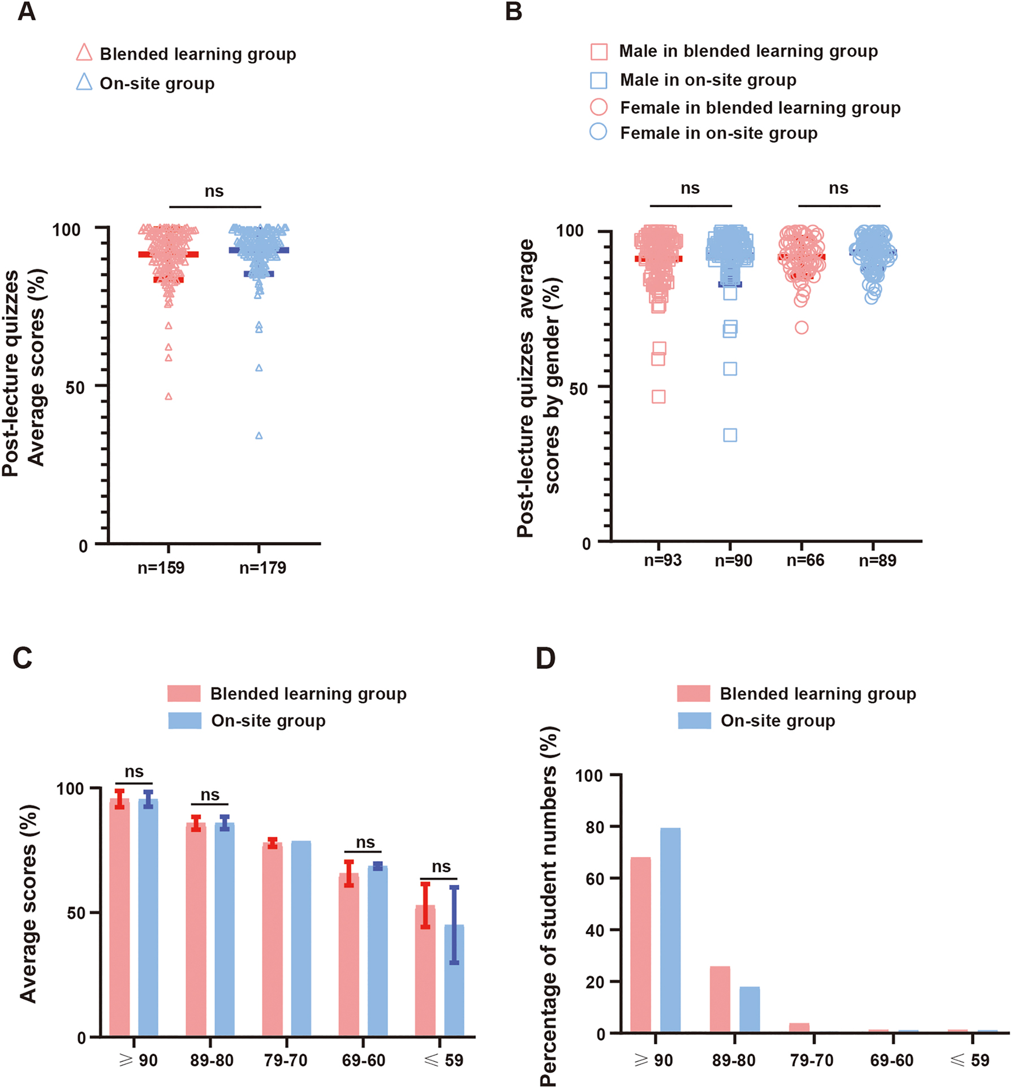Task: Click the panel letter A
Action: click(x=26, y=11)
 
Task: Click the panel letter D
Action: click(x=546, y=658)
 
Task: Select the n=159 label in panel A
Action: click(x=161, y=567)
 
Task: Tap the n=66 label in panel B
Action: click(x=805, y=560)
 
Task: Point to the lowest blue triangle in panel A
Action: click(x=259, y=436)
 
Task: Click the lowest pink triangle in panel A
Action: click(x=169, y=397)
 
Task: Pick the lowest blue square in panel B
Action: click(x=730, y=435)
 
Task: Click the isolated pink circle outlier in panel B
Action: click(x=802, y=328)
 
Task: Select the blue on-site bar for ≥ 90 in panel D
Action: click(x=670, y=930)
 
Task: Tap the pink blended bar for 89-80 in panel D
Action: click(x=720, y=999)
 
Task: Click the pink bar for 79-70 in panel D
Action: click(x=799, y=1028)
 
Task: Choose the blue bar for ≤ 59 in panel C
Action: click(x=454, y=982)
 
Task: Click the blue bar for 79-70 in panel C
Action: click(x=301, y=939)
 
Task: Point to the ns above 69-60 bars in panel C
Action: click(x=365, y=843)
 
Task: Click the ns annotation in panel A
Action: click(x=214, y=191)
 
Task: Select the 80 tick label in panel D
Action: click(x=595, y=827)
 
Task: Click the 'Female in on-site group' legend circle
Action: click(x=598, y=132)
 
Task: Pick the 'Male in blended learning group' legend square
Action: click(x=599, y=52)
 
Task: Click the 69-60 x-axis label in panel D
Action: click(x=892, y=1060)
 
